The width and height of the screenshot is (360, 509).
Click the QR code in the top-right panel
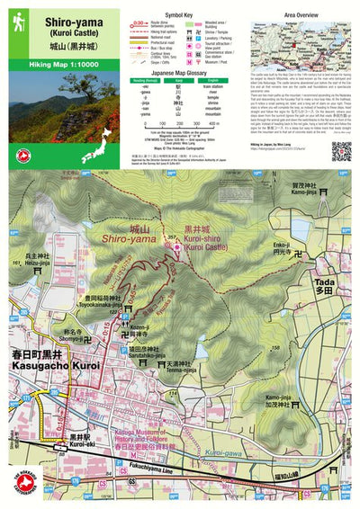(x=340, y=150)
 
